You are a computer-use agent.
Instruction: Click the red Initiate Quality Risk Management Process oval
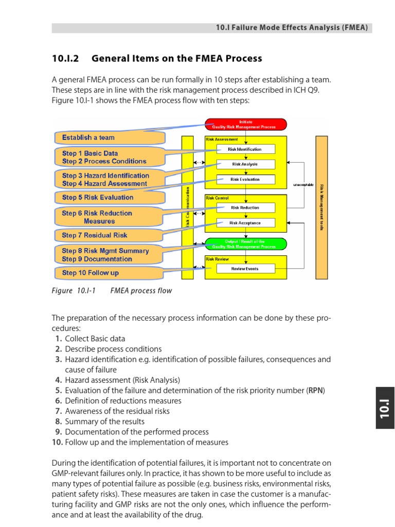(246, 124)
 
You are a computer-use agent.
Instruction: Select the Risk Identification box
(245, 149)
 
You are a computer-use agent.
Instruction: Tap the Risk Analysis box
(245, 164)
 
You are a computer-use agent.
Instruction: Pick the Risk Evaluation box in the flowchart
(245, 180)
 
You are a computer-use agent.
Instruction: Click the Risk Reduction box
(245, 207)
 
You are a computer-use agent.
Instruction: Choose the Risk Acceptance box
(245, 223)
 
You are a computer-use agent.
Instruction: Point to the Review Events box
(245, 269)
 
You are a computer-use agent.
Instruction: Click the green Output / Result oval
(245, 244)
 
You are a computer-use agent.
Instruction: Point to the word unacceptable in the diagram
(303, 185)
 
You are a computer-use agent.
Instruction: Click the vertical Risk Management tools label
(322, 207)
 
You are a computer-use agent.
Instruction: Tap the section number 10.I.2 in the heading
(65, 59)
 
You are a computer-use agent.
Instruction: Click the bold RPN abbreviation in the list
(316, 391)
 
